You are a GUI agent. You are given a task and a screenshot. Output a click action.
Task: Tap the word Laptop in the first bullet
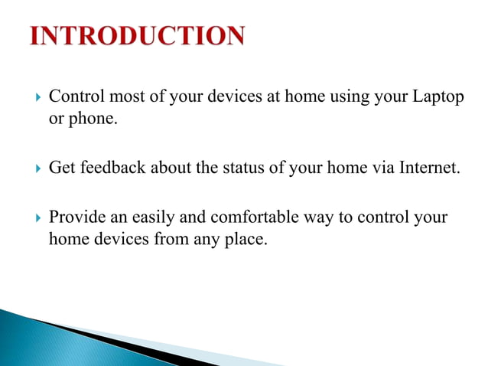438,99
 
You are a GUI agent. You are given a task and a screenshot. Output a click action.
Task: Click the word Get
60,168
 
